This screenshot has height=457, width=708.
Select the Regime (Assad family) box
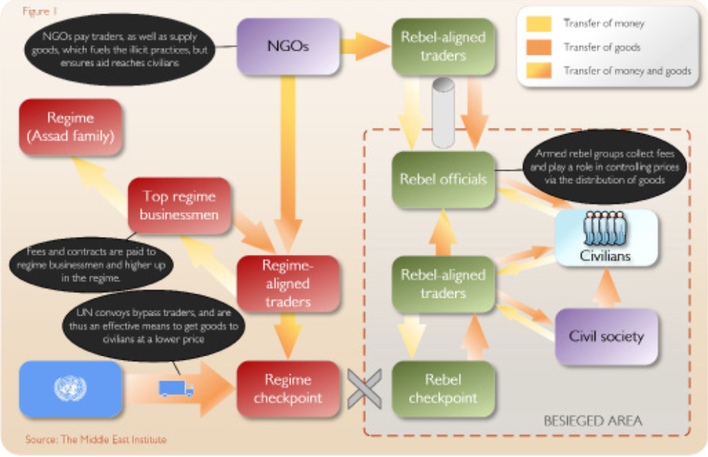(71, 127)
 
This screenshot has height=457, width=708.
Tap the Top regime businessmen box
(179, 204)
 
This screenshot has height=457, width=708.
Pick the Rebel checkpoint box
(443, 389)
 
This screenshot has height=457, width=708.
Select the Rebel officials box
(443, 179)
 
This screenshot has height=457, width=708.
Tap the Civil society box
(606, 336)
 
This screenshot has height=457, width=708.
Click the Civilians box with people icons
(605, 238)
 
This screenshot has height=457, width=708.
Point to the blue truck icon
(176, 388)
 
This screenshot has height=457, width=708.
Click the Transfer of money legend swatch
(539, 24)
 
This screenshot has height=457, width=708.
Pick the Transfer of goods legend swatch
(539, 47)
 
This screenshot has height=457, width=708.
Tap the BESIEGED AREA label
(592, 421)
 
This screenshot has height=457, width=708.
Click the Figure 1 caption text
(40, 12)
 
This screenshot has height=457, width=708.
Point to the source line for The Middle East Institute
(96, 439)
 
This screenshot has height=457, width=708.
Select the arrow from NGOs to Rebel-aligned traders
(364, 46)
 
